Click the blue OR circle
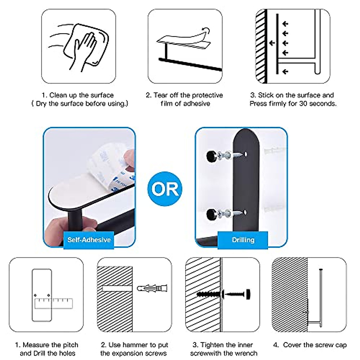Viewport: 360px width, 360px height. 165,189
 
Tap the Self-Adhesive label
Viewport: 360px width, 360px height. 89,240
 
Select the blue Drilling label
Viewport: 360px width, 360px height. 243,240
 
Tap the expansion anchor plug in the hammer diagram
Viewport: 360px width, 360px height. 152,288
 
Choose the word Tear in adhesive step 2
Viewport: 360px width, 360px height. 160,95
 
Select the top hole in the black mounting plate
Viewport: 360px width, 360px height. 246,154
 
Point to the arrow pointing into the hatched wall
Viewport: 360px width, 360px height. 272,43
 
